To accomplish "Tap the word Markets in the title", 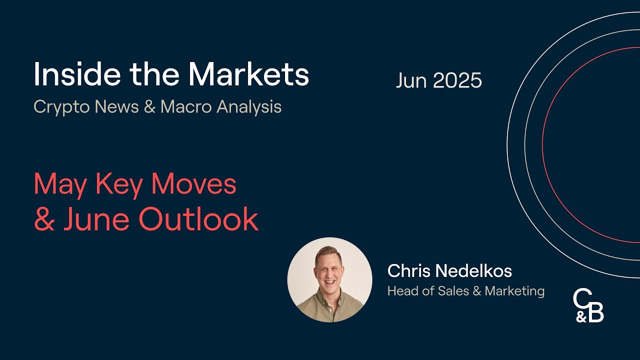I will pos(248,74).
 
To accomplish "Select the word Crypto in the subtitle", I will pos(60,107).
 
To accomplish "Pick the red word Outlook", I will pos(198,219).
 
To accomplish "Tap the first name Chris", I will pos(408,271).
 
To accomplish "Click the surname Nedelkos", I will pos(473,271).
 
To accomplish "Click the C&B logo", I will pos(588,305).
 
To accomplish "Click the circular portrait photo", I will pos(329,280).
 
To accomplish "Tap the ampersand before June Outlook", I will pos(44,219).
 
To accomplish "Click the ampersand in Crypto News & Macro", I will pos(149,107).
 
